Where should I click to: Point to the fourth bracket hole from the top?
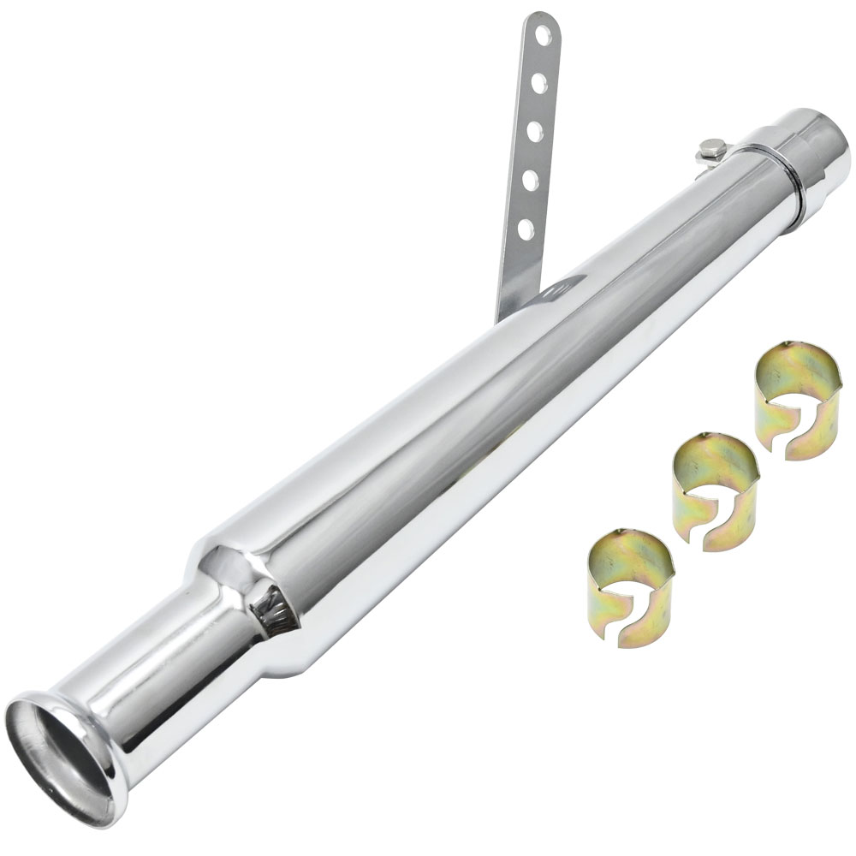pyautogui.click(x=533, y=180)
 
